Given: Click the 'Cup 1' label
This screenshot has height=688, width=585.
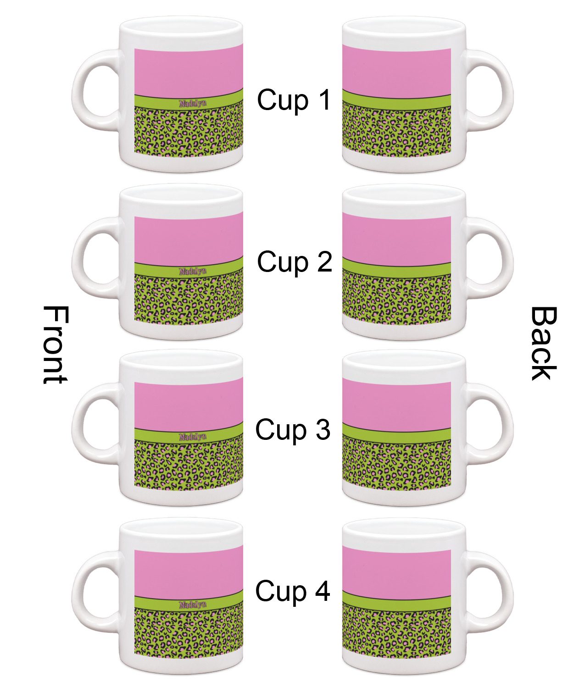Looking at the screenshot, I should coord(294,100).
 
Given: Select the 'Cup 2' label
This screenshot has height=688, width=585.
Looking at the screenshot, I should coord(294,262).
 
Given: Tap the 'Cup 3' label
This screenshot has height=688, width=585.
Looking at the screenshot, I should coord(293,430).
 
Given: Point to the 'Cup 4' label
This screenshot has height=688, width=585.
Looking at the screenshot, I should coord(293,591).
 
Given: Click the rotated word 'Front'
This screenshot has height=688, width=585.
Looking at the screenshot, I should coord(56,344).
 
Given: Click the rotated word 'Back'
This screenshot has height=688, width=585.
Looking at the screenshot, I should coord(543,344).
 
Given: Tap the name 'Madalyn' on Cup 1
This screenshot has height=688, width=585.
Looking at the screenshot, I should coord(193,103).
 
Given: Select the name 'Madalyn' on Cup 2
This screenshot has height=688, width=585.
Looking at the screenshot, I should coord(193,271).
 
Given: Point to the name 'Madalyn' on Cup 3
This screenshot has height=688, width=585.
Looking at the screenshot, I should coord(193,437).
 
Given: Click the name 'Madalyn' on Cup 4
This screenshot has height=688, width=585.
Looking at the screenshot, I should coord(193,605).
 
